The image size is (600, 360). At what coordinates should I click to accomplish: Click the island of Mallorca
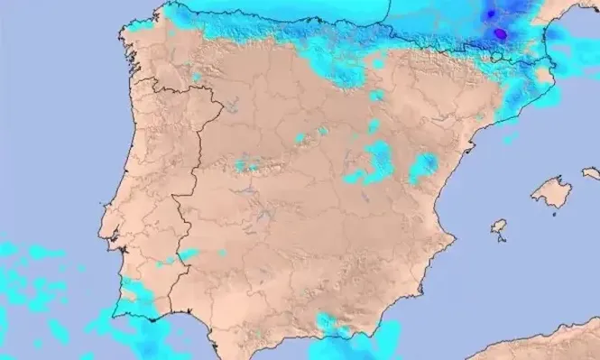(x=551, y=191)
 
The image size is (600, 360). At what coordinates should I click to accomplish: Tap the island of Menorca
(x=591, y=171)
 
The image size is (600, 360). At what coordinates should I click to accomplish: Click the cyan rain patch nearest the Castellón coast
(x=422, y=168)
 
